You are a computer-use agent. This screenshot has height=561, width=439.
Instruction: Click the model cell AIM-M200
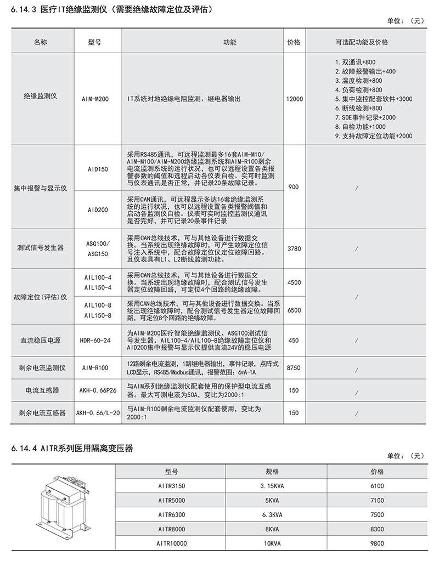(x=94, y=99)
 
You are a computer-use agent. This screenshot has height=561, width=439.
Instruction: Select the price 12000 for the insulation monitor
(x=294, y=99)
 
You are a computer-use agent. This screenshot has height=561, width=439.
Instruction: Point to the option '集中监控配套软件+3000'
(x=373, y=99)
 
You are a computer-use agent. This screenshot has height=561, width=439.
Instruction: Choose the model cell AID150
(x=94, y=169)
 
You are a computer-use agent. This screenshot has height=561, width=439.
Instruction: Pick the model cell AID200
(x=94, y=209)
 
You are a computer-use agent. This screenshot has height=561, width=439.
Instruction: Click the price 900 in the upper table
(x=294, y=187)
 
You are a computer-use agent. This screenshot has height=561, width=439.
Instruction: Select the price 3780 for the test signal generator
(x=294, y=248)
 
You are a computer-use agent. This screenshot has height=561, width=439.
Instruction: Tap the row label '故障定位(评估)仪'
(x=41, y=297)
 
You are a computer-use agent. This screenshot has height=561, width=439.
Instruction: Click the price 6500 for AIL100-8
(x=294, y=310)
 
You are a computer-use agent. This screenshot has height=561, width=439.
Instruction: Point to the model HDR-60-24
(x=94, y=340)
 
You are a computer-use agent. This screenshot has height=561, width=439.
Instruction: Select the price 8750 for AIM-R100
(x=294, y=368)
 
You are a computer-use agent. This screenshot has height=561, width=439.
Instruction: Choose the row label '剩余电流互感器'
(x=41, y=413)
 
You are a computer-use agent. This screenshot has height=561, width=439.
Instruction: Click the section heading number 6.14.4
(x=20, y=449)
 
